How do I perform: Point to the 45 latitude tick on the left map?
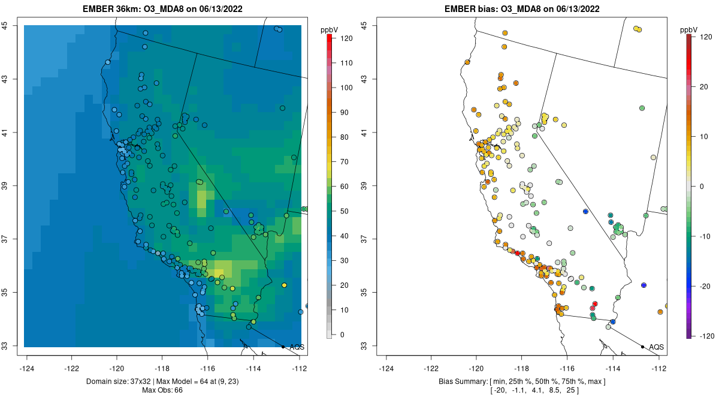pyautogui.click(x=11, y=25)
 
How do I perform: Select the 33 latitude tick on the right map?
pyautogui.click(x=365, y=346)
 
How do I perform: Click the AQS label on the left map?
pyautogui.click(x=297, y=347)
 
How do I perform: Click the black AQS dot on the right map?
pyautogui.click(x=642, y=347)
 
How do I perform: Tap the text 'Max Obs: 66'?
pyautogui.click(x=162, y=390)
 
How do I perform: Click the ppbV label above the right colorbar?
pyautogui.click(x=689, y=29)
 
